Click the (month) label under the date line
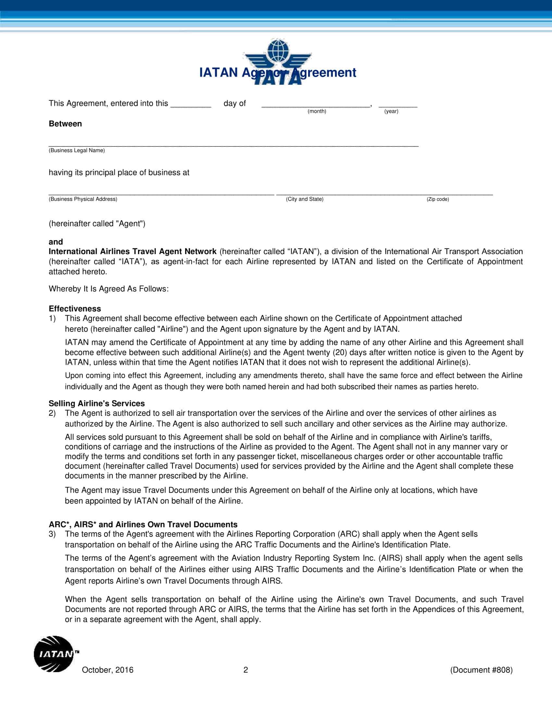tap(317, 111)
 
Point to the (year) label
tap(391, 111)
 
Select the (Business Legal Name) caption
tap(77, 150)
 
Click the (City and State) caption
tap(305, 199)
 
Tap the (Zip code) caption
tap(438, 199)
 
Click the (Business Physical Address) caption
tap(83, 199)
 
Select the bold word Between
tap(65, 124)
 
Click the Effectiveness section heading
tap(75, 309)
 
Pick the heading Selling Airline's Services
tap(96, 403)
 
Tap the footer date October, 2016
tap(107, 670)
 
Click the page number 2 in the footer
tap(245, 670)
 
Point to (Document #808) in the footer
tap(481, 670)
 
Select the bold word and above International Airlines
tap(56, 242)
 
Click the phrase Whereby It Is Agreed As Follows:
tap(108, 289)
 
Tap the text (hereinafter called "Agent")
tap(97, 224)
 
